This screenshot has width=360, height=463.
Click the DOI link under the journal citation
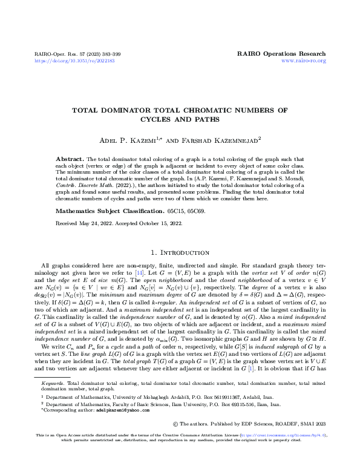[75, 61]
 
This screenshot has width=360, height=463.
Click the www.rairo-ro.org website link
[304, 61]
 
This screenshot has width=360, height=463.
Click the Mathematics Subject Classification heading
[106, 211]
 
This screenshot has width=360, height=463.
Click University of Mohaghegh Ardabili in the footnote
[121, 396]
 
